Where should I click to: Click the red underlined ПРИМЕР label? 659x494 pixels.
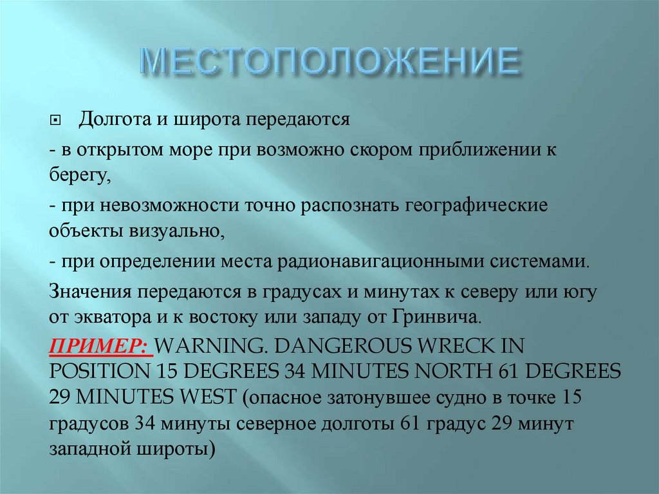point(100,346)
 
